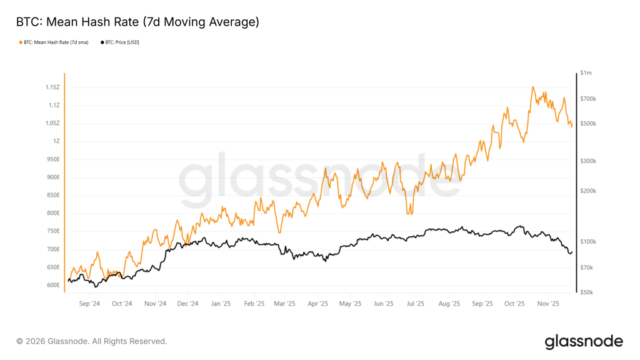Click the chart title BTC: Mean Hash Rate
point(137,22)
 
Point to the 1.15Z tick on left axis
point(52,87)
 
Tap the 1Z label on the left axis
point(56,141)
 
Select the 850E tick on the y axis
point(52,195)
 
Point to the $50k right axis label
point(587,292)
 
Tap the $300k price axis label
point(588,161)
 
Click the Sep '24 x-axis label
point(90,304)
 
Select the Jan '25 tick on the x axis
point(221,304)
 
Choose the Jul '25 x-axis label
point(415,304)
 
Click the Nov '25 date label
point(547,304)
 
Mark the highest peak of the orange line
point(533,87)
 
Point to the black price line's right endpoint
point(572,251)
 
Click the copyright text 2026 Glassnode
point(92,341)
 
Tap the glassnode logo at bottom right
point(583,341)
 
